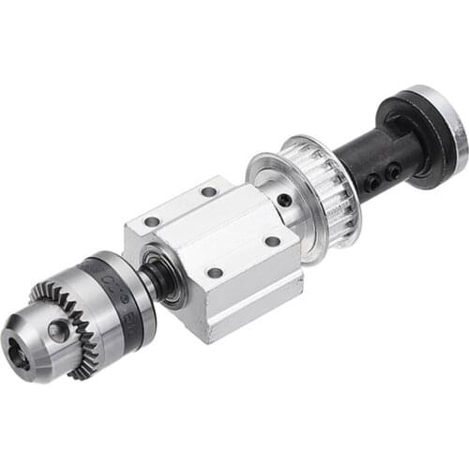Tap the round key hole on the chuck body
click(x=58, y=329)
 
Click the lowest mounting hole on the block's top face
click(x=215, y=273)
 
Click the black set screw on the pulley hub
click(x=284, y=198)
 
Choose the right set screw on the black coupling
click(x=395, y=170)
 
